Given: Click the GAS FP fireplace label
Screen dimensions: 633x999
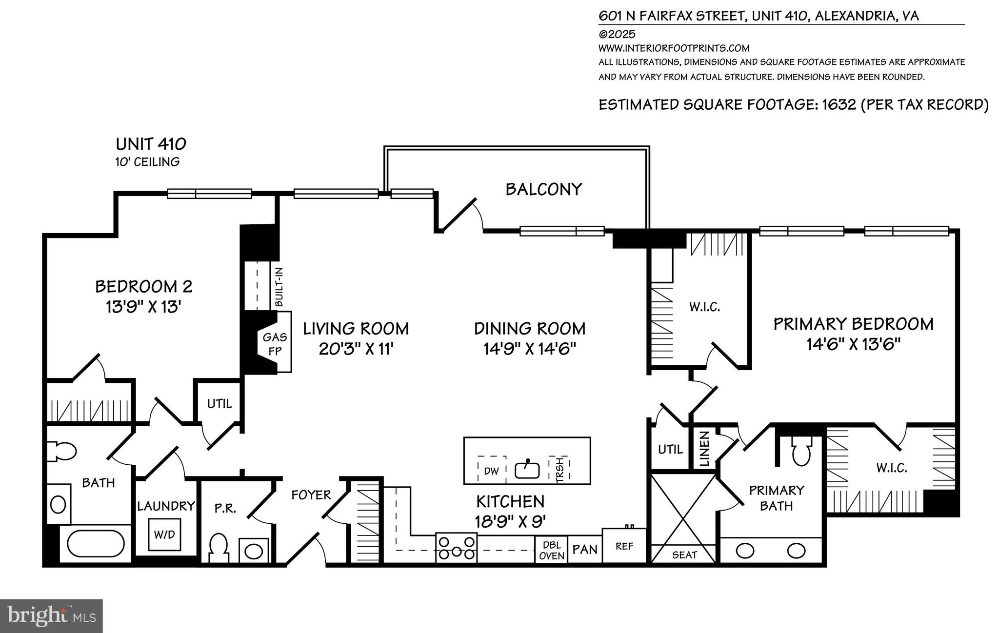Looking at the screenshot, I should pos(275,344).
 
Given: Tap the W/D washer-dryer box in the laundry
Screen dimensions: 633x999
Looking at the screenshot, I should pos(164,534).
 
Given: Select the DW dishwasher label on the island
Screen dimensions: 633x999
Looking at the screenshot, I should pos(491,471).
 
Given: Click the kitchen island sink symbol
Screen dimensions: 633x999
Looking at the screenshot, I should pos(527,470).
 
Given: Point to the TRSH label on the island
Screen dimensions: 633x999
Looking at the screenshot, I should pos(559,470).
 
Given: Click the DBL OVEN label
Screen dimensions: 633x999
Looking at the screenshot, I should pos(552,550).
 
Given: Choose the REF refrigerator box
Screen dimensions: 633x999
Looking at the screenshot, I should pos(624,546).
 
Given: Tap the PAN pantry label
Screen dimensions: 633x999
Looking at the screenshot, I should pos(584,550).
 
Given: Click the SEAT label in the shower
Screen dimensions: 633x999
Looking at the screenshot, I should pos(684,554).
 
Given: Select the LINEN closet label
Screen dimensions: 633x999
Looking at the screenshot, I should pos(704,449).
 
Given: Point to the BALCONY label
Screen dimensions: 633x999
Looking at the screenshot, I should pos(543,189).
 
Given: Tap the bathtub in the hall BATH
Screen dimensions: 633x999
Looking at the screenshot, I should pos(96,544).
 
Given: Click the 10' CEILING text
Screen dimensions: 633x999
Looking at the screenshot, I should pos(147,162).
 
